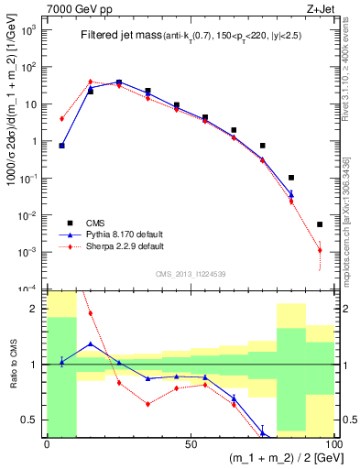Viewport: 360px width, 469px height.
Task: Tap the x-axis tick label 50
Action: click(x=190, y=442)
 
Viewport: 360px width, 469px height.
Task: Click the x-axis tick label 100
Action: click(x=332, y=442)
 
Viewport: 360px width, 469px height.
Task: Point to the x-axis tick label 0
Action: click(x=47, y=442)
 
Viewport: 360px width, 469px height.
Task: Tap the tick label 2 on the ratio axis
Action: click(x=37, y=309)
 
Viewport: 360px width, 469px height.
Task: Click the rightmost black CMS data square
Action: click(x=320, y=224)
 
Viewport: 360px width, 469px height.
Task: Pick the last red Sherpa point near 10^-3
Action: click(x=320, y=250)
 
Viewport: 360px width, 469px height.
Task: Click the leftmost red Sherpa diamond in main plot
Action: click(x=61, y=119)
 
